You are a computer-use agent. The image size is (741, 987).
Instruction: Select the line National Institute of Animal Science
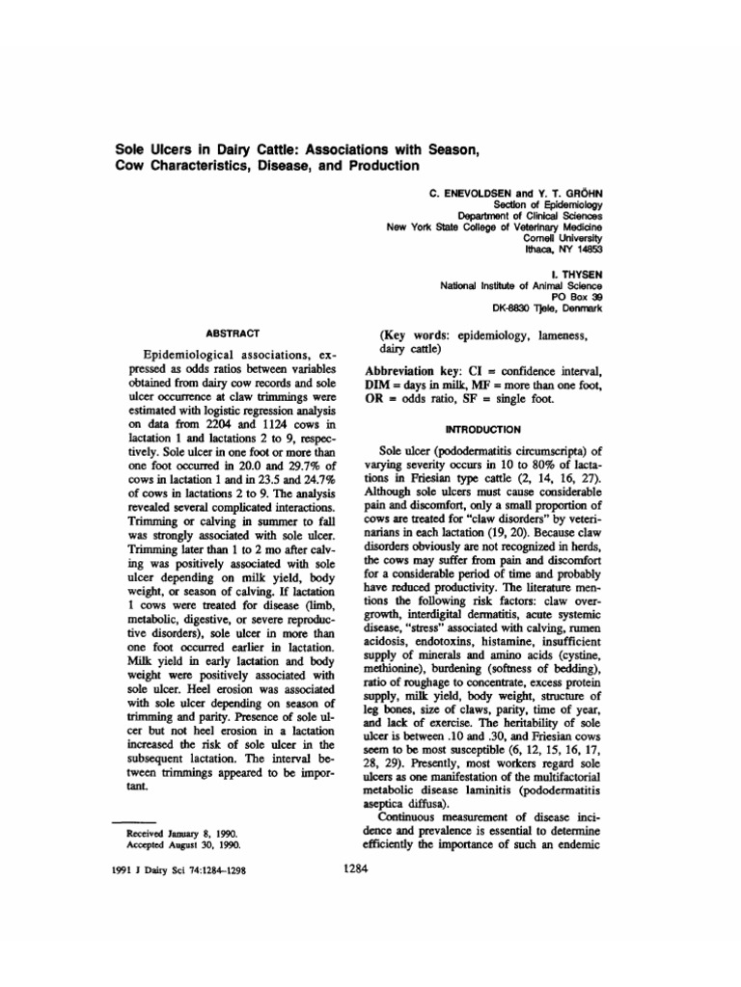click(521, 285)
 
